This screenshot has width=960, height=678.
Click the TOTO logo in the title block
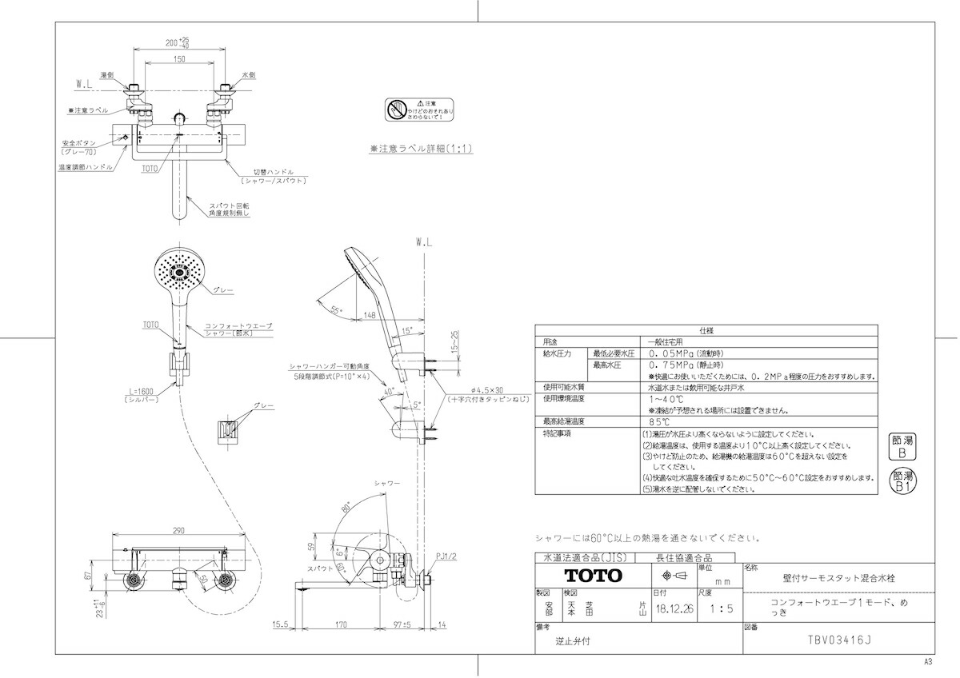click(593, 575)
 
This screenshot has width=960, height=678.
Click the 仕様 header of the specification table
click(706, 329)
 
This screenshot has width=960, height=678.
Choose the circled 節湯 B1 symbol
click(902, 481)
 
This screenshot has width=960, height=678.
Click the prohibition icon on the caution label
click(398, 110)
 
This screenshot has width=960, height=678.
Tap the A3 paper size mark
click(928, 663)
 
